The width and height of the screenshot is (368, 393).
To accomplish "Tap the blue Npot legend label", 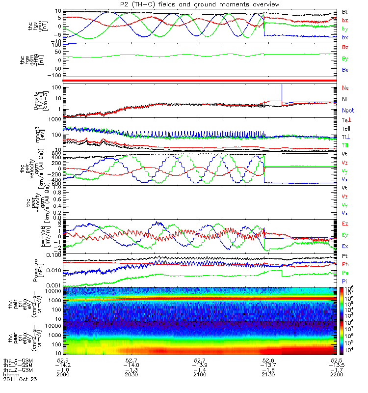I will click(347, 111).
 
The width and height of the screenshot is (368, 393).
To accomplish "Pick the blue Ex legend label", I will click(345, 245).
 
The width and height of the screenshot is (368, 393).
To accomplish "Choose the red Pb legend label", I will click(345, 264).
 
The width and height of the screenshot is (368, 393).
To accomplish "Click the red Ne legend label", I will click(345, 87).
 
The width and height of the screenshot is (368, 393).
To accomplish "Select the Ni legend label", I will click(344, 99).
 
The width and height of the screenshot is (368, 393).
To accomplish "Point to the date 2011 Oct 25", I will click(20, 380).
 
